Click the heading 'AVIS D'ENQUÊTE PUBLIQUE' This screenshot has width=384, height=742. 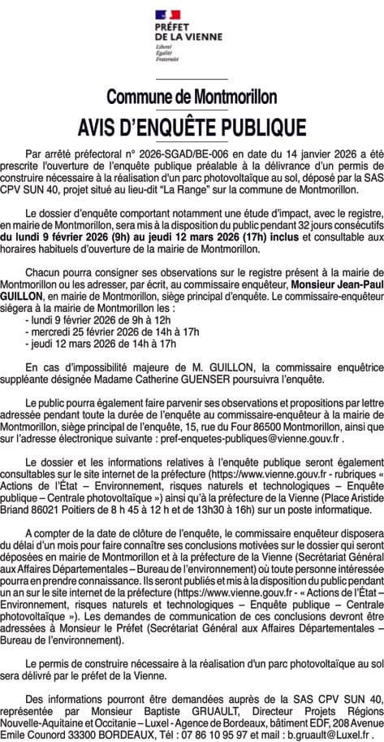pos(192,127)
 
